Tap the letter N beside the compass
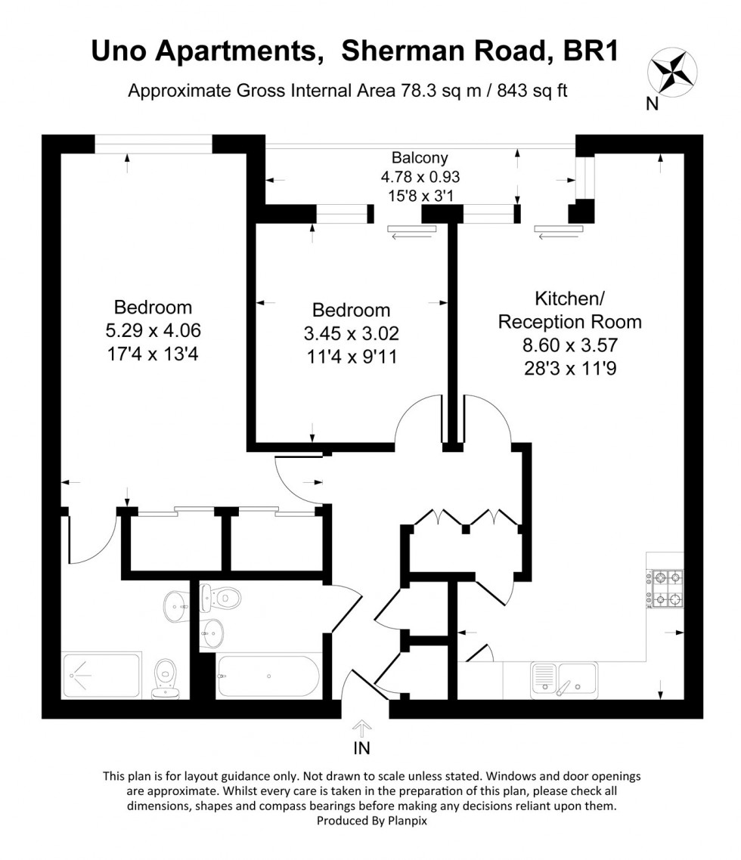[x=652, y=104]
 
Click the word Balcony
[x=420, y=158]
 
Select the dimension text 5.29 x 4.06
[x=153, y=330]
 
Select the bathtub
[x=269, y=676]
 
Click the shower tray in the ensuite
[x=102, y=675]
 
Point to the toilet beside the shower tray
[x=163, y=678]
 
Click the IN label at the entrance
[x=362, y=749]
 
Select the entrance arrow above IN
[x=362, y=729]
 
